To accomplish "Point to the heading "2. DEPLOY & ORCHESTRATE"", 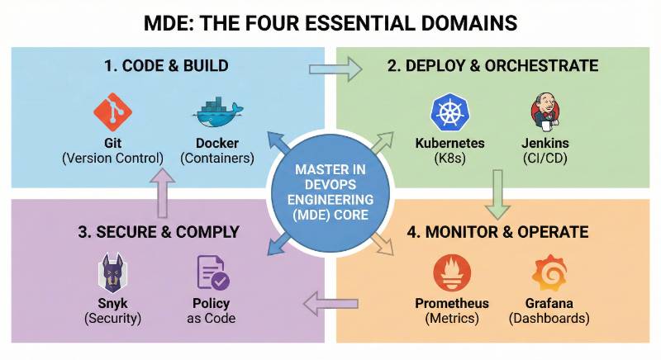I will [x=492, y=66].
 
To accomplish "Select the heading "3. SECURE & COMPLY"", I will [x=159, y=232].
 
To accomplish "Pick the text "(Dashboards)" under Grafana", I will [x=549, y=319].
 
